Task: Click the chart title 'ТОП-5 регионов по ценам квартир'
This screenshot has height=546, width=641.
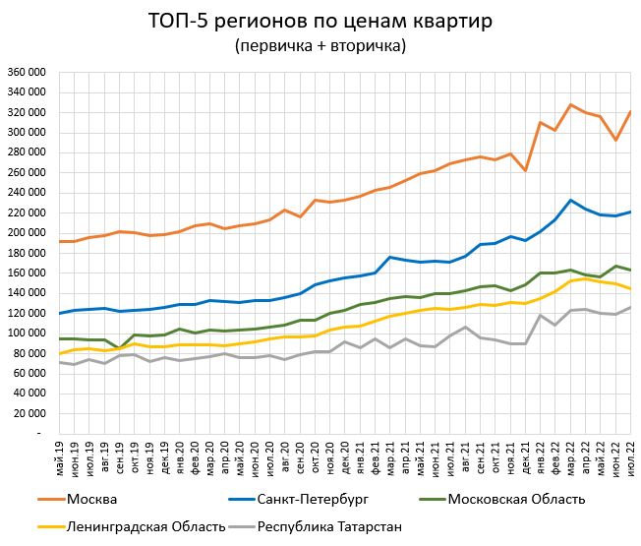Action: [320, 21]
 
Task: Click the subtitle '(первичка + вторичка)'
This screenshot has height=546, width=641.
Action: [320, 46]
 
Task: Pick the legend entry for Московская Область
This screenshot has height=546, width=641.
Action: [510, 499]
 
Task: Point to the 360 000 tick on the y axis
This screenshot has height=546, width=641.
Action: [26, 73]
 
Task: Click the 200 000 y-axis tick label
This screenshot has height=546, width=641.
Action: [26, 233]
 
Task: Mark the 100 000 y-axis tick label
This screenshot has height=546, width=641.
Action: [26, 334]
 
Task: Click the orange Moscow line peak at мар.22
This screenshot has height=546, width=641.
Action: [569, 104]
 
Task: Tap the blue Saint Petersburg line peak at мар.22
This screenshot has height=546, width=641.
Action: [569, 201]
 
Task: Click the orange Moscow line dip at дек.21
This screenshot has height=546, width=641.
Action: [525, 170]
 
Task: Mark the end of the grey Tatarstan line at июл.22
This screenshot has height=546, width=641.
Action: [629, 307]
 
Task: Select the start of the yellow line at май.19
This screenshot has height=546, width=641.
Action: [61, 353]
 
